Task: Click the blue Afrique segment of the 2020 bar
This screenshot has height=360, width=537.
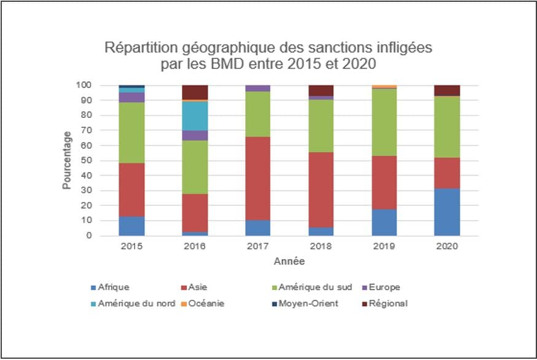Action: point(447,212)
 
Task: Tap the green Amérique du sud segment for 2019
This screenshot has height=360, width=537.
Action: point(383,122)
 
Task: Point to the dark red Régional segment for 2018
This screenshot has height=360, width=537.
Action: point(321,90)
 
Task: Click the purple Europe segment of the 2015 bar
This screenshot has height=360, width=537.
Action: point(131,97)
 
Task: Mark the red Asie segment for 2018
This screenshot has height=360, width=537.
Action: point(321,190)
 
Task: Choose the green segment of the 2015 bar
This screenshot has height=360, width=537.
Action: point(131,133)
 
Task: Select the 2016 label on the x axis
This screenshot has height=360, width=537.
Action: point(195,246)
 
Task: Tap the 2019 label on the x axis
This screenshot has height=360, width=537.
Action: point(383,246)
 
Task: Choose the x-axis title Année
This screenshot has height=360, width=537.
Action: point(289,261)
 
